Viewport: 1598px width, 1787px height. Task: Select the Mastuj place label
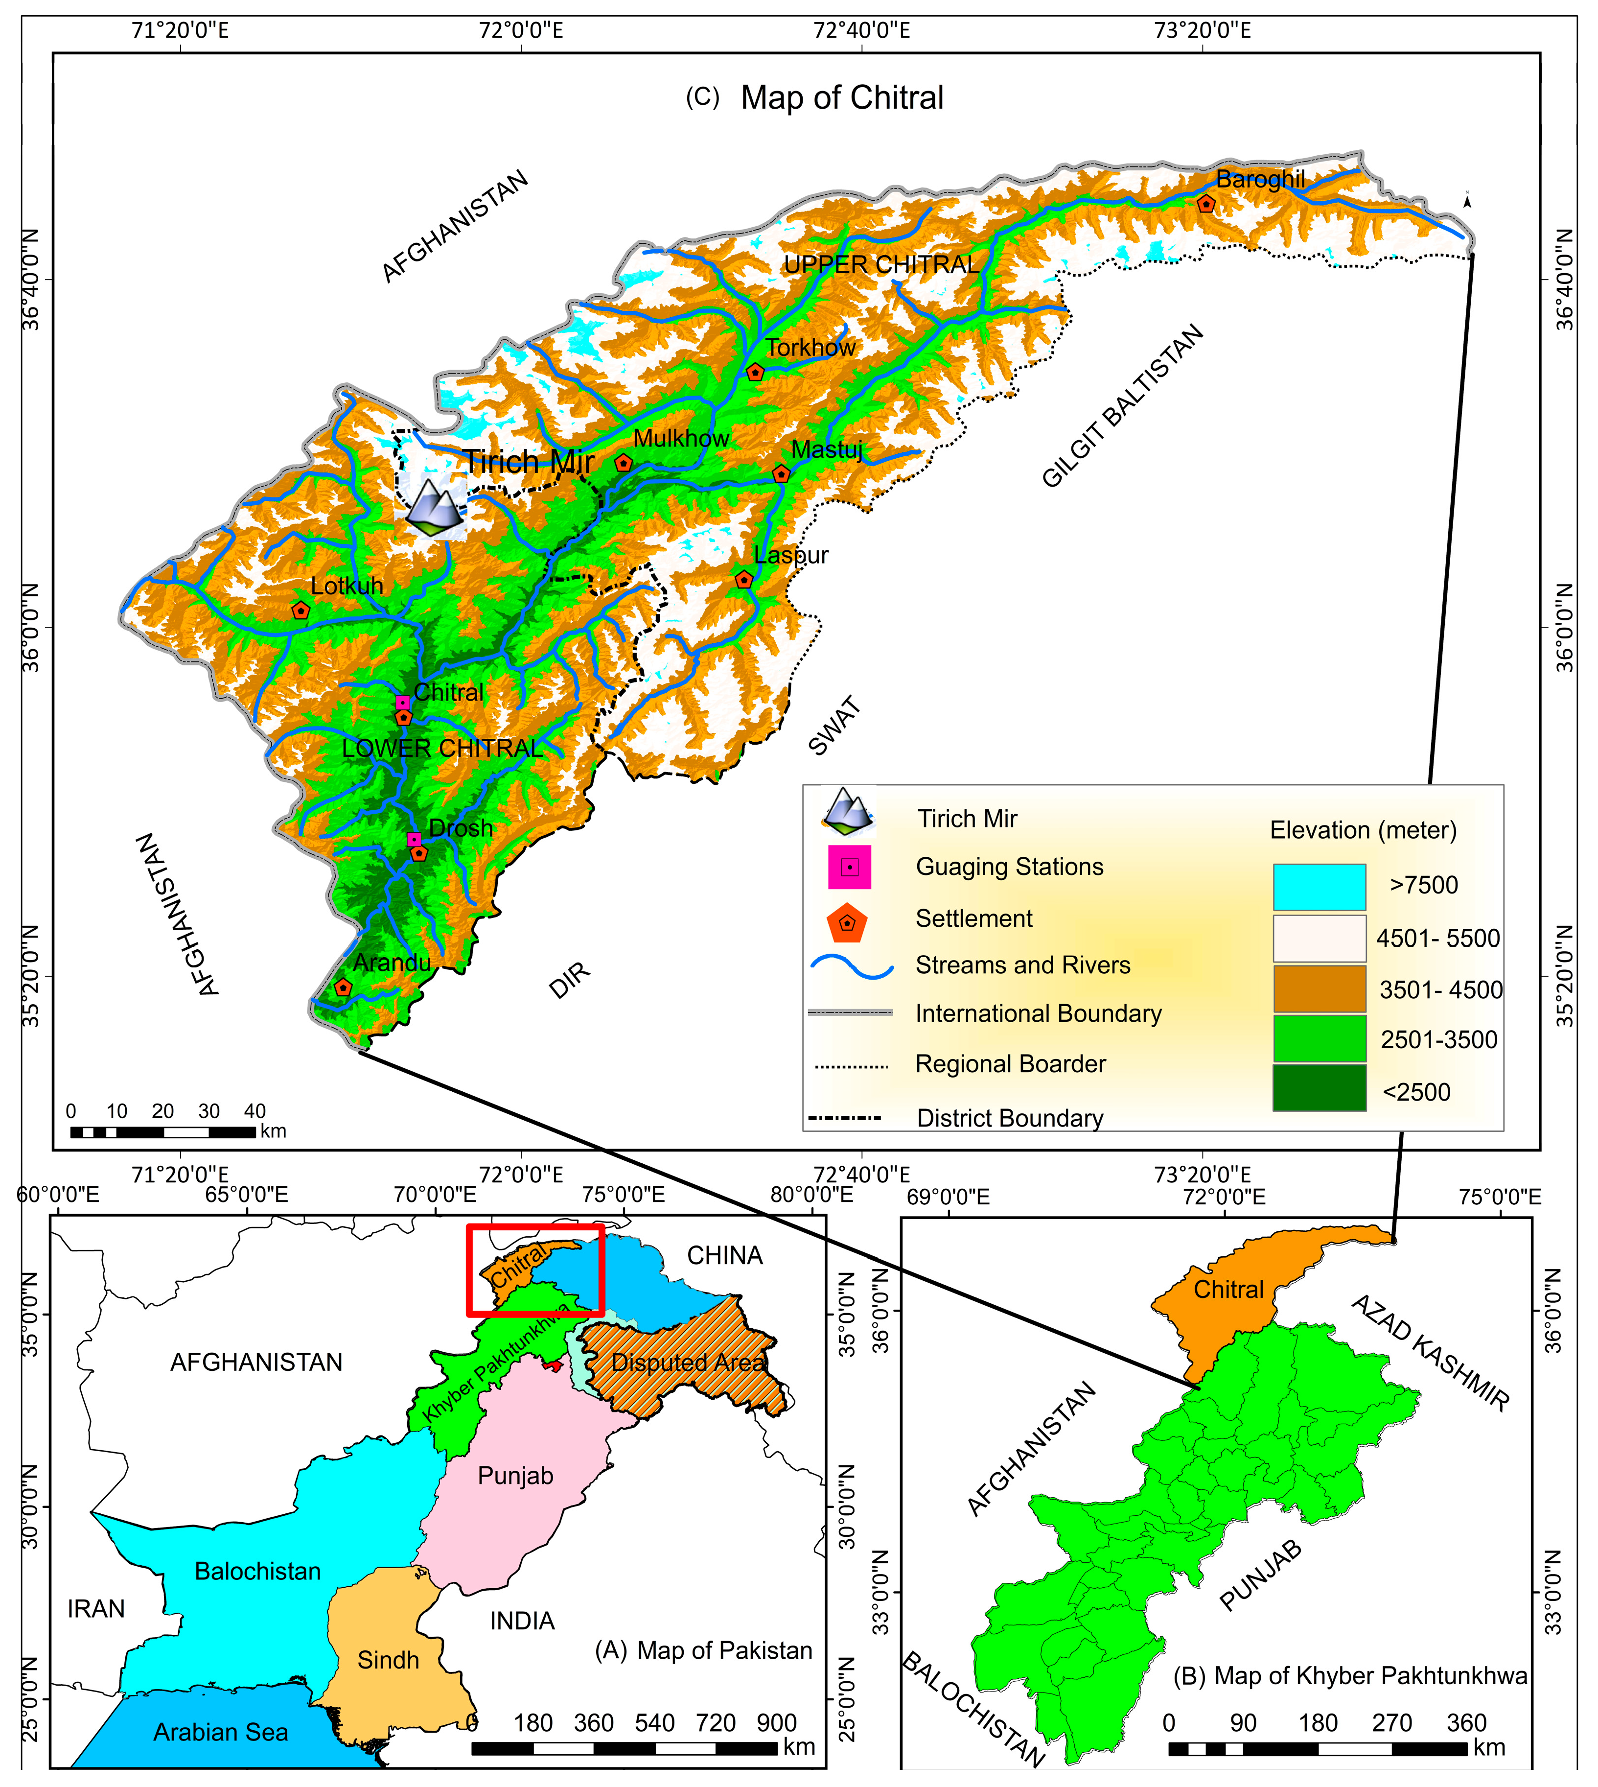(826, 449)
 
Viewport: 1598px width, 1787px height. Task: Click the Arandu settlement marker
(343, 988)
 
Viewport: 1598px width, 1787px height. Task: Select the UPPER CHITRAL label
(880, 265)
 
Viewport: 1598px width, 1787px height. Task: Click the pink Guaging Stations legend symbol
(849, 868)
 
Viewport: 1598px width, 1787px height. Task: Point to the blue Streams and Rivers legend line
(852, 967)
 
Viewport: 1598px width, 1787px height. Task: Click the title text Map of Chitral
(841, 97)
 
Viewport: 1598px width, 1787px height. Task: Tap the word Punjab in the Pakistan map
(515, 1475)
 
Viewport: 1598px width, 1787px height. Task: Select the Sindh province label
(388, 1660)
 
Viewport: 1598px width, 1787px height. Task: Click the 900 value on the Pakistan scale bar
(776, 1723)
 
